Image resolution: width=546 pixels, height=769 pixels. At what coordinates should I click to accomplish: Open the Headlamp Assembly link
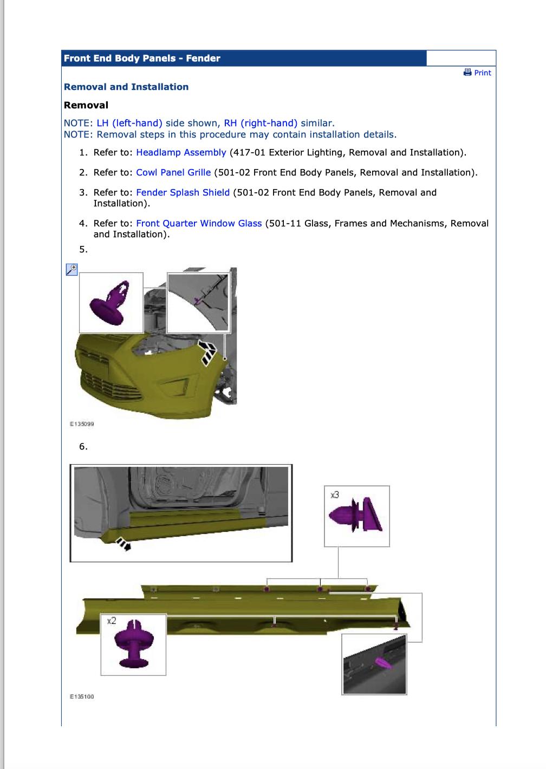(181, 153)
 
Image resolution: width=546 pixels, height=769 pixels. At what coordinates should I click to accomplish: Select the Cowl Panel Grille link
(173, 173)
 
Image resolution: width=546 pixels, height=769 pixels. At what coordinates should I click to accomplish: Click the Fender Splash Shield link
(183, 193)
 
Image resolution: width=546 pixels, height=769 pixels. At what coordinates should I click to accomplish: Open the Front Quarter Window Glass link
(199, 224)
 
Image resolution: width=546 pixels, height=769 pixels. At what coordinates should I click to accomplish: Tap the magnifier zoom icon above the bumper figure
(71, 269)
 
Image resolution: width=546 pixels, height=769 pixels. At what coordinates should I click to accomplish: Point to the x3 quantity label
(335, 495)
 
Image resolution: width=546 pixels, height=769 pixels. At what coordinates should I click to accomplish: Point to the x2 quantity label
(111, 621)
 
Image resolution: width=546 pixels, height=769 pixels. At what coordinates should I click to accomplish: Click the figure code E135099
(82, 424)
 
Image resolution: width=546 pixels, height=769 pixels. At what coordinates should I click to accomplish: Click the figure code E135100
(82, 696)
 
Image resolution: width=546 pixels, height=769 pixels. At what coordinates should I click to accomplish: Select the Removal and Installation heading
(126, 87)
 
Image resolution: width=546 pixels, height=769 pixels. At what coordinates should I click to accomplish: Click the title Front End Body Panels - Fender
(142, 58)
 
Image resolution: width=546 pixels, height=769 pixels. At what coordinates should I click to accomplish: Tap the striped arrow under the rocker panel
(123, 545)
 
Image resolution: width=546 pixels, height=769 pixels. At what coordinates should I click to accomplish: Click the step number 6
(83, 447)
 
